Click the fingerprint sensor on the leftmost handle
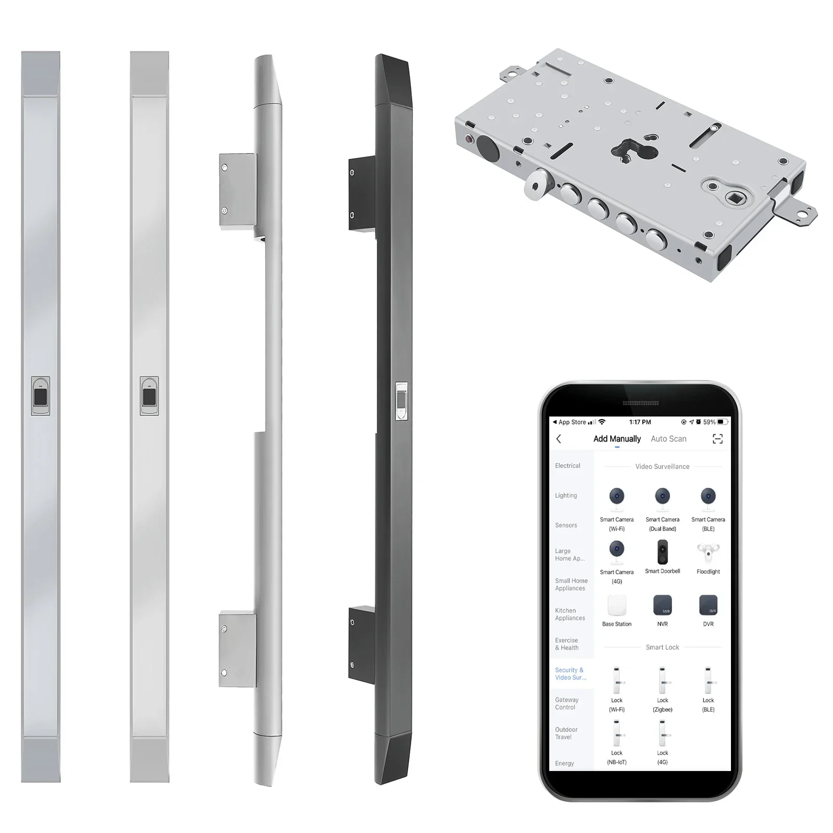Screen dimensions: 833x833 click(41, 396)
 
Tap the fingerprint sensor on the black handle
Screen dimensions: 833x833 click(401, 401)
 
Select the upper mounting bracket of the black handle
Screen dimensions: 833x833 click(361, 193)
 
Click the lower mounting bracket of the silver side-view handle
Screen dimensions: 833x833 click(237, 650)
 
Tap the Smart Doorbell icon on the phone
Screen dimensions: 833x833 click(662, 552)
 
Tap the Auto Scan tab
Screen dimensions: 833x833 click(668, 439)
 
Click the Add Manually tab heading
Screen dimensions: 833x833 click(617, 439)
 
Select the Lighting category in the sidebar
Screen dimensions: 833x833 click(566, 496)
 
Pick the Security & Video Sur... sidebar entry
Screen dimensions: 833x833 click(570, 674)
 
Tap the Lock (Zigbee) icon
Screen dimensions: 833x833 click(662, 681)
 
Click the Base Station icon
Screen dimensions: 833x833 click(616, 605)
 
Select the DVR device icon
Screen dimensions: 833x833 click(708, 605)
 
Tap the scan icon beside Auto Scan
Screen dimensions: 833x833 click(717, 439)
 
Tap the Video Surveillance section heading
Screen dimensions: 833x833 click(662, 466)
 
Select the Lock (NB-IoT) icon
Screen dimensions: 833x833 click(616, 734)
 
